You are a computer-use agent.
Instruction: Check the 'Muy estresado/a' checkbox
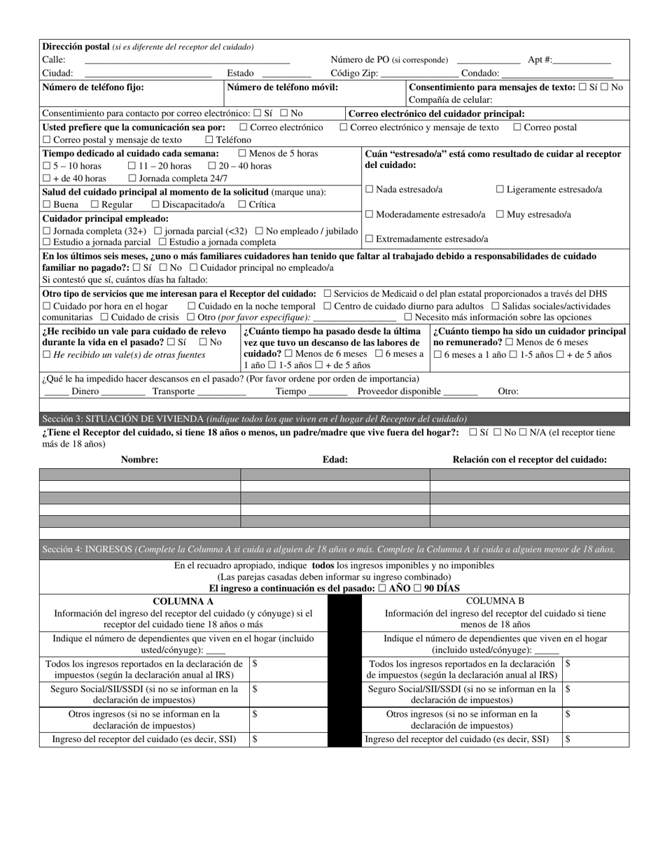coord(500,214)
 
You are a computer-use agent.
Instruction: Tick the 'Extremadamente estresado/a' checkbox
coord(369,239)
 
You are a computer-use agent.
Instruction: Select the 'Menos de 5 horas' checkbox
coord(242,153)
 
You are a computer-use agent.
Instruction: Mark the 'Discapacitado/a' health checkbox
coord(155,204)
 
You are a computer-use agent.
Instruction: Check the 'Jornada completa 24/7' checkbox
coord(132,178)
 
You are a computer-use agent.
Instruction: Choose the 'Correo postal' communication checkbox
coord(517,127)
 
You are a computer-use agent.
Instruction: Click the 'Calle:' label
coord(54,60)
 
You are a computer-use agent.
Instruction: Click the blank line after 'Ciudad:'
coord(148,73)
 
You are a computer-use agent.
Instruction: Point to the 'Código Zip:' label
coord(354,73)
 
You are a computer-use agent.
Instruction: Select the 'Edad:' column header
coord(335,460)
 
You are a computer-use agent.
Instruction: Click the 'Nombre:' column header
coord(139,460)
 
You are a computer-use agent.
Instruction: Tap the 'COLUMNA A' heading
coord(183,601)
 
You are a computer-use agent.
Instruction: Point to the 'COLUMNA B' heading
coord(495,601)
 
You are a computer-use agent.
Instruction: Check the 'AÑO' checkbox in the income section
coord(381,589)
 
